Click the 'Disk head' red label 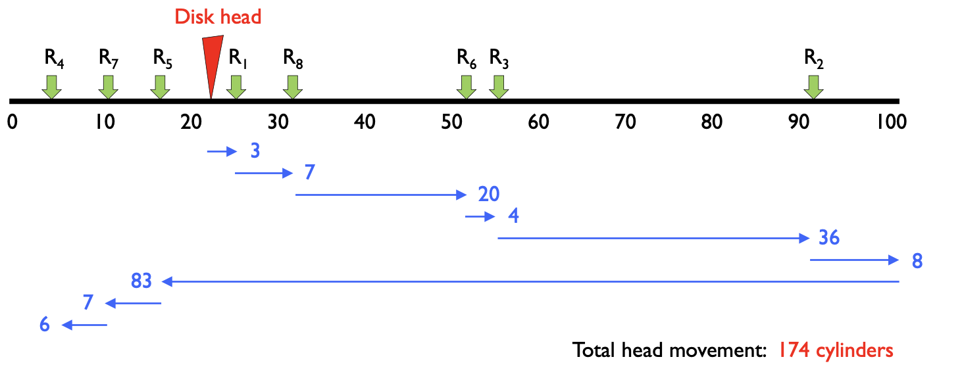pyautogui.click(x=218, y=16)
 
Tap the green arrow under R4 pyautogui.click(x=51, y=86)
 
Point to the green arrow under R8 pyautogui.click(x=293, y=86)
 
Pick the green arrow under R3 pyautogui.click(x=499, y=86)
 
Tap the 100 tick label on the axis pyautogui.click(x=892, y=122)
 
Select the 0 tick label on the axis pyautogui.click(x=13, y=122)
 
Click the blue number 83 pyautogui.click(x=141, y=281)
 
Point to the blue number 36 pyautogui.click(x=829, y=237)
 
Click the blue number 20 pyautogui.click(x=489, y=195)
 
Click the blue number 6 pyautogui.click(x=45, y=325)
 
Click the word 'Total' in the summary pyautogui.click(x=594, y=350)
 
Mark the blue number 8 pyautogui.click(x=917, y=261)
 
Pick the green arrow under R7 pyautogui.click(x=108, y=86)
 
